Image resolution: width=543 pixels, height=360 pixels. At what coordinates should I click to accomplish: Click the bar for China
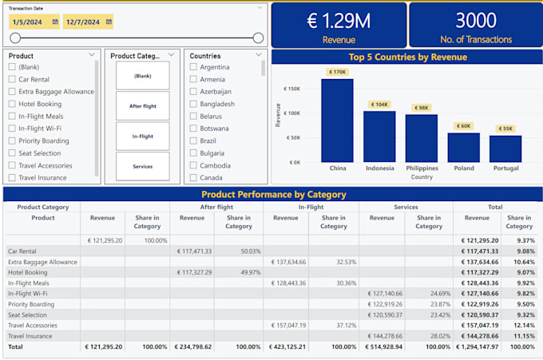coord(337,120)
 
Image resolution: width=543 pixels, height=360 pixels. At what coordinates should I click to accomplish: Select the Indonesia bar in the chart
coord(379,136)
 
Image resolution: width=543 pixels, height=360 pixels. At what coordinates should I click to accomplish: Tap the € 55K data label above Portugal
coord(505,129)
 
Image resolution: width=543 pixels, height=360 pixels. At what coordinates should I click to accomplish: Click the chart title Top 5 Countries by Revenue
coord(407,57)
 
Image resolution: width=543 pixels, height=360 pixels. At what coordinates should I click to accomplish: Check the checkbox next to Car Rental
coord(11,80)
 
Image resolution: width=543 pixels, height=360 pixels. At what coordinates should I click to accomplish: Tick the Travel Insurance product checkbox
coord(11,178)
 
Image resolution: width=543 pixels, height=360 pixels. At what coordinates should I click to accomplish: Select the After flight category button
coord(142,106)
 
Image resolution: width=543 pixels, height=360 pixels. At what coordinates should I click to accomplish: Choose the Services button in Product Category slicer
coord(142,166)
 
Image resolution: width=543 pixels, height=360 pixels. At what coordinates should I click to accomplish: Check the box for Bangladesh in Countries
coord(193,104)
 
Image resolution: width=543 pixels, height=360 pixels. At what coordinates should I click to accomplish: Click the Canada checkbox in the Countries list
coord(193,178)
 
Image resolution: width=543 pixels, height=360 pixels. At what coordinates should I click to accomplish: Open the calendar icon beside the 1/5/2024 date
coord(55,22)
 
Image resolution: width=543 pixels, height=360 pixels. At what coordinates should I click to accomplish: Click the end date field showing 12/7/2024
coord(83,22)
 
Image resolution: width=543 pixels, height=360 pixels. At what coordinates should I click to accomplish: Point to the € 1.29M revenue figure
coord(339,22)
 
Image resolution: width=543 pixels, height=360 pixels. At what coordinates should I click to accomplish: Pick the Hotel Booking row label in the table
coord(29,272)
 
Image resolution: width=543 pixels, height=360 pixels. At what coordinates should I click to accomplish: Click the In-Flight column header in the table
coord(311,207)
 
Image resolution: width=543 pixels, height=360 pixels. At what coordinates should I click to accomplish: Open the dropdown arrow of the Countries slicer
coord(259,55)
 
